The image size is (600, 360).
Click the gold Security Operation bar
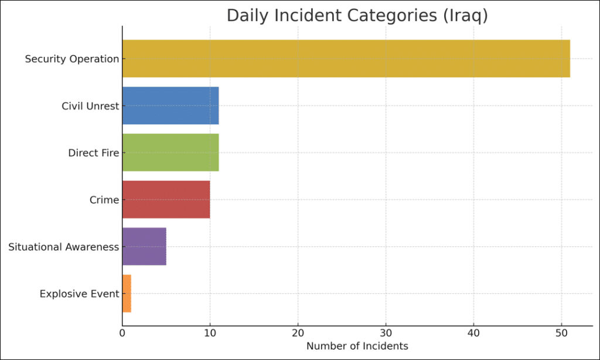tap(346, 59)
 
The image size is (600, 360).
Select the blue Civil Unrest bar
tap(171, 106)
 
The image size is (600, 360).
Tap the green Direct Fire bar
tap(171, 152)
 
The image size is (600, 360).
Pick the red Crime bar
tap(166, 199)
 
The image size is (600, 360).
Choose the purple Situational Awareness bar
tap(144, 246)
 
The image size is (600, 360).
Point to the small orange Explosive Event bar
tap(127, 293)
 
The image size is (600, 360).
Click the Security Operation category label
tap(71, 59)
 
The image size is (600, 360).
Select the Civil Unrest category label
tap(90, 106)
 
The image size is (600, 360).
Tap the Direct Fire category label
tap(93, 153)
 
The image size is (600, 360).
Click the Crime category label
tap(104, 200)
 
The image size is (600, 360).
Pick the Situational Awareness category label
tap(63, 247)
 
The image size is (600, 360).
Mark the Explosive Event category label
tap(79, 294)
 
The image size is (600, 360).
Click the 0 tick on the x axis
tap(122, 333)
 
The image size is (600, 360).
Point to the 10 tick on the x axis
tap(210, 333)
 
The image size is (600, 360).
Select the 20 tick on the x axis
tap(298, 333)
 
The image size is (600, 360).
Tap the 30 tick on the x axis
tap(386, 333)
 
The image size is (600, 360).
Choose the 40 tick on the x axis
tap(473, 333)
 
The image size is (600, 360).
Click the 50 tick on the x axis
tap(561, 333)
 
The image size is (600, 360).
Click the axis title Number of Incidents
tap(357, 346)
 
